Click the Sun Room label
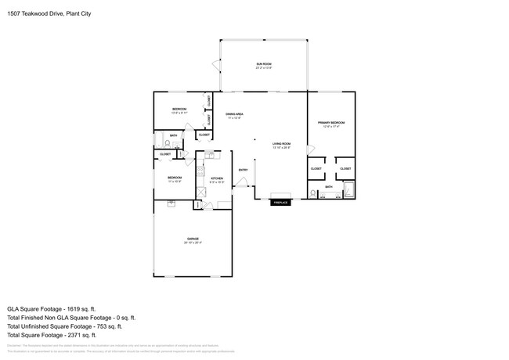[263, 66]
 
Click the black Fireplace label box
[281, 203]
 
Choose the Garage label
[193, 240]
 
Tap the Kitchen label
[217, 180]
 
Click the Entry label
[243, 170]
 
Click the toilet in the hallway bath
[168, 143]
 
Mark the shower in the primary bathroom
[348, 190]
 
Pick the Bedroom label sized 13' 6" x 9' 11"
[179, 111]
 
